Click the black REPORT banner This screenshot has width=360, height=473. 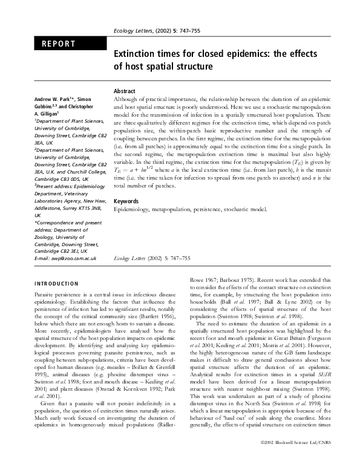coord(69,44)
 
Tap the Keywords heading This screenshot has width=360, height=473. coord(128,200)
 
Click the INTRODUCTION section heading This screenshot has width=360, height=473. coord(56,283)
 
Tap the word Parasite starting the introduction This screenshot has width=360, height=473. coord(45,293)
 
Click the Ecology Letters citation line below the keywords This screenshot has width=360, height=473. coord(152,258)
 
